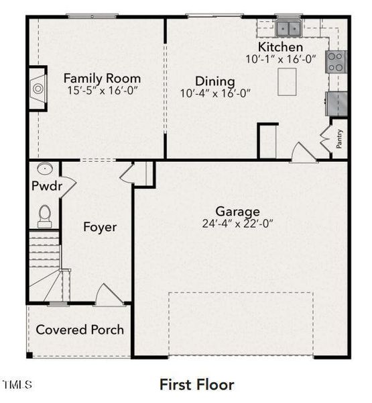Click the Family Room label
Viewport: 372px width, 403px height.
102,79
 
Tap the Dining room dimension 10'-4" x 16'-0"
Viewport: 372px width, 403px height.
215,93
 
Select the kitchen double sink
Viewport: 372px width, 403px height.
288,28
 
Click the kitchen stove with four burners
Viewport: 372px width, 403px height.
336,62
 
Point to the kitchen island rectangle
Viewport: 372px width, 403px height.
287,82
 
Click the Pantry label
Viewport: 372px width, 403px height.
339,139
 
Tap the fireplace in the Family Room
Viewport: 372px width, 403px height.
38,89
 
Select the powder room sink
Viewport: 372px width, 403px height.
45,169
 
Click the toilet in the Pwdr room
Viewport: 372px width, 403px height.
45,216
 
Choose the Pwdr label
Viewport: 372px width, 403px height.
47,185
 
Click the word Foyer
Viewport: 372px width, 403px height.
100,227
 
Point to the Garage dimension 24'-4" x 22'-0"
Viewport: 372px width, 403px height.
237,224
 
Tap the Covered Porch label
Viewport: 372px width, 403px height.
80,330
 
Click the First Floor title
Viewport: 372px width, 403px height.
197,385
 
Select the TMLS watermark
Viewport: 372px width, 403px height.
17,384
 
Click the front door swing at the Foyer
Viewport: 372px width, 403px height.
109,295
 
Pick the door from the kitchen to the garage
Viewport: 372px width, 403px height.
304,152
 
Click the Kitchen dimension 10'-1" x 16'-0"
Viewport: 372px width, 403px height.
281,59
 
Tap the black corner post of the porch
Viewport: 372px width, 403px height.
29,355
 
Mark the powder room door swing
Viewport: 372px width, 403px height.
68,187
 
